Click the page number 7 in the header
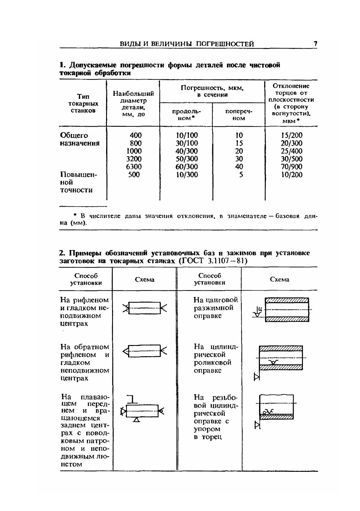click(315, 44)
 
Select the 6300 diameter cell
click(134, 167)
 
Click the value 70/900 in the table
click(291, 167)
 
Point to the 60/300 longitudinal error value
click(186, 167)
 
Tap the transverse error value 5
click(241, 175)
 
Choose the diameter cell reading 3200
click(134, 159)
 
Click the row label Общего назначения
click(79, 139)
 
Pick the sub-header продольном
click(186, 115)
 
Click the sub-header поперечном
click(239, 115)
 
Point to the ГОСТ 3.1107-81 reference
click(213, 261)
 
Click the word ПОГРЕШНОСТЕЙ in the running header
click(225, 44)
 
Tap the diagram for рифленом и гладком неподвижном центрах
click(145, 308)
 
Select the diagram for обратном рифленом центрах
click(145, 351)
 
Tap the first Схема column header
click(145, 280)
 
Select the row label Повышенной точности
click(78, 182)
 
